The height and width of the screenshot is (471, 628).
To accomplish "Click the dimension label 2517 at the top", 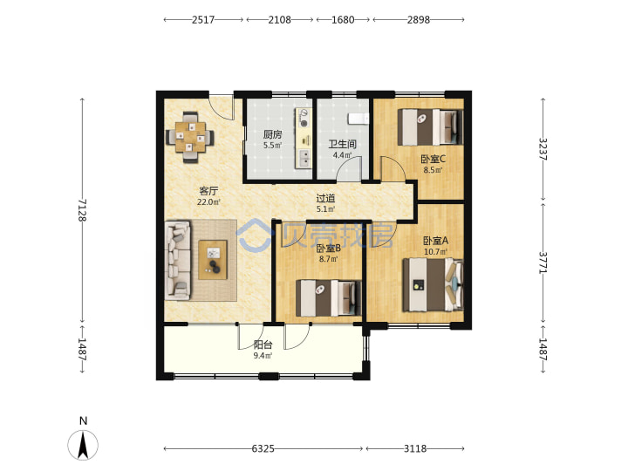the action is pos(203,19).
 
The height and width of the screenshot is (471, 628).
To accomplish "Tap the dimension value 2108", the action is pos(280,19).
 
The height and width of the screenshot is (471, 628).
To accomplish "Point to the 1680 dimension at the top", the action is pos(343,19).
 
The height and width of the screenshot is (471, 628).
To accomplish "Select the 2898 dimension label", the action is pos(419,19).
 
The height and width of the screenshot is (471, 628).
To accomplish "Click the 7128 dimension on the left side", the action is pos(82,210).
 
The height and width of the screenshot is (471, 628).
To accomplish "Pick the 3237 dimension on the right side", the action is pos(543,149).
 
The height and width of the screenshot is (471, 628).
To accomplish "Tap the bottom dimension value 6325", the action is pos(263,448).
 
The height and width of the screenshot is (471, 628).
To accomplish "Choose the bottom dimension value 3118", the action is pos(415,448).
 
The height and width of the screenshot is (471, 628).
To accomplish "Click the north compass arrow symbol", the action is pos(83,445).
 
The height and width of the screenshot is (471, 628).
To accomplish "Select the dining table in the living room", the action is pos(190,138).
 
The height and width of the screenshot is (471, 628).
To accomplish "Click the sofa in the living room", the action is pos(178,260).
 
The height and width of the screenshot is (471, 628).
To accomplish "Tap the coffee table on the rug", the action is pos(213,260).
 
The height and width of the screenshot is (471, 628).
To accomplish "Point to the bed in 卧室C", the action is pos(430,127).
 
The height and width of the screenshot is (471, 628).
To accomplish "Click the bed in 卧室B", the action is pos(329,297).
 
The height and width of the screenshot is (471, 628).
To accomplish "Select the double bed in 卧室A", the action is pos(433,284).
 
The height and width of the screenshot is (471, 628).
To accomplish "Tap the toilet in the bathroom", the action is pos(358,119).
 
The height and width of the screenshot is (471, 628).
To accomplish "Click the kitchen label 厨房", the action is pos(272,134).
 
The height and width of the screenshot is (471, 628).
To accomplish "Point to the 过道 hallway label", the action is pos(325,198).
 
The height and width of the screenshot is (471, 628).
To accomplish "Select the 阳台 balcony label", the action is pos(263,345).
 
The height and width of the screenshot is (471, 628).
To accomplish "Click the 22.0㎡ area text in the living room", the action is pos(208,202).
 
